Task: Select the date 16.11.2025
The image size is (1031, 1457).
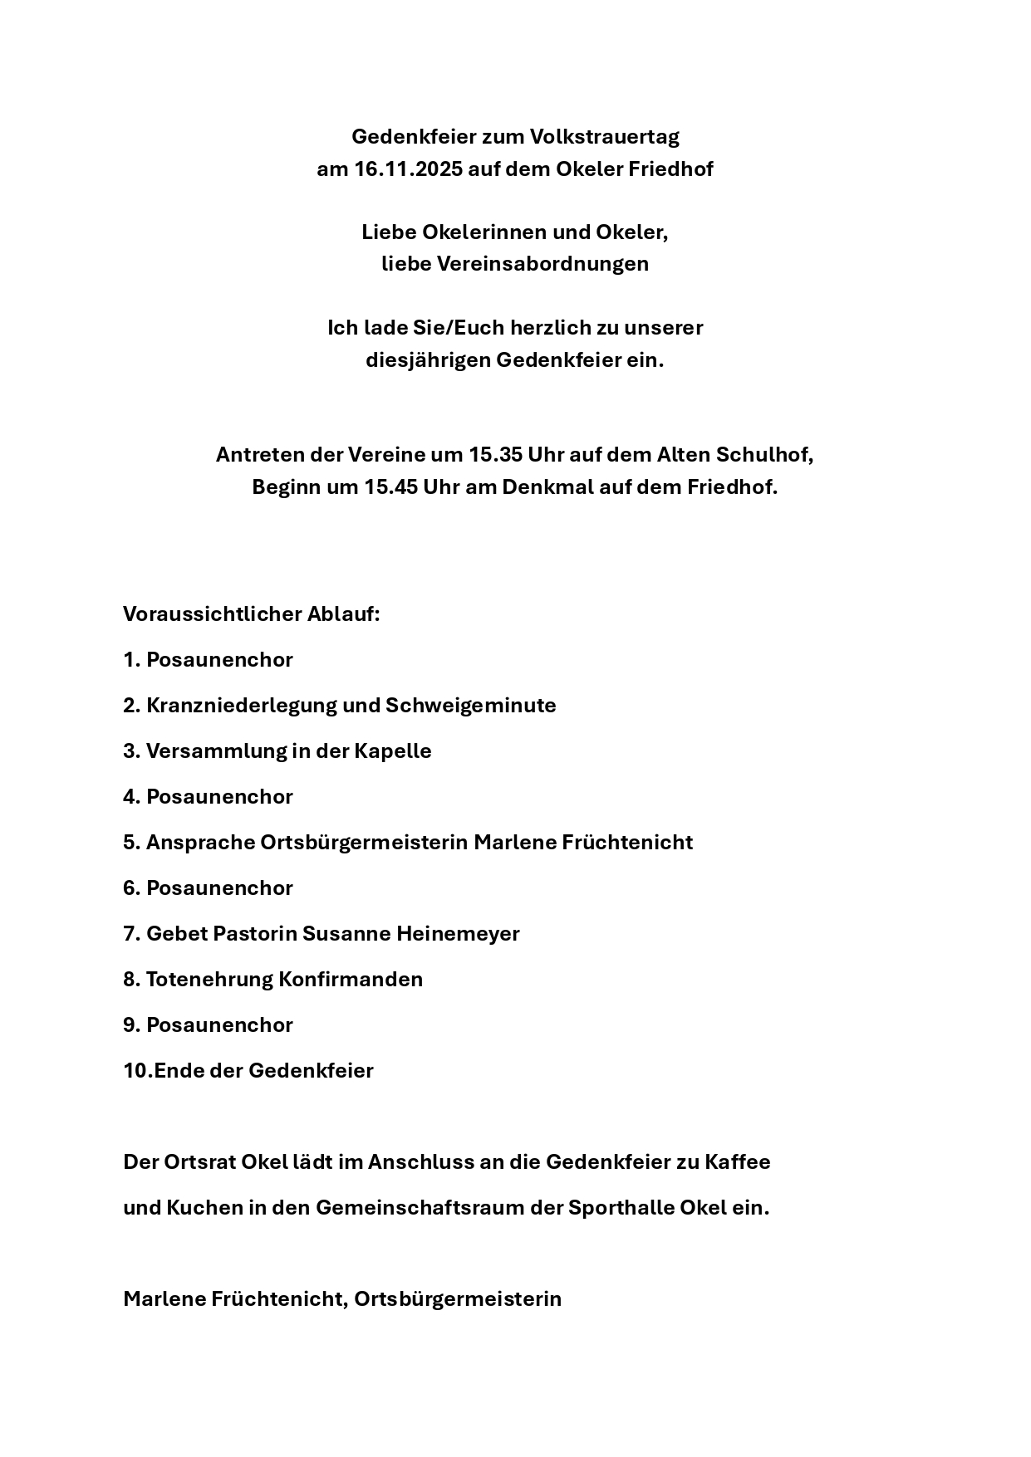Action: pos(408,169)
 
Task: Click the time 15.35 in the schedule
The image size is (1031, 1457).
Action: pos(495,455)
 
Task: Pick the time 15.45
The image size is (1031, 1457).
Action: pos(390,487)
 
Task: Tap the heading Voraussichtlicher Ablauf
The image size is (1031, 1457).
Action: pos(251,614)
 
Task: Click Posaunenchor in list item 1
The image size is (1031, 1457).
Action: pos(219,660)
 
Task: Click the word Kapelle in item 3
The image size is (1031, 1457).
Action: pos(393,751)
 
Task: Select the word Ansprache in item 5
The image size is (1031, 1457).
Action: pos(200,843)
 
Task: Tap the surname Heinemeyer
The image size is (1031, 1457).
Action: pos(458,934)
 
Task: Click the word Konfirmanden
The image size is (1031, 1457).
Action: pos(351,980)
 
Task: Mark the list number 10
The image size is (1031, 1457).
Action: pos(136,1071)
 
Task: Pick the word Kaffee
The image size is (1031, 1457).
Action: pos(738,1162)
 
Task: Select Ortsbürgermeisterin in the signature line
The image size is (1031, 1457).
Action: pos(458,1299)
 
